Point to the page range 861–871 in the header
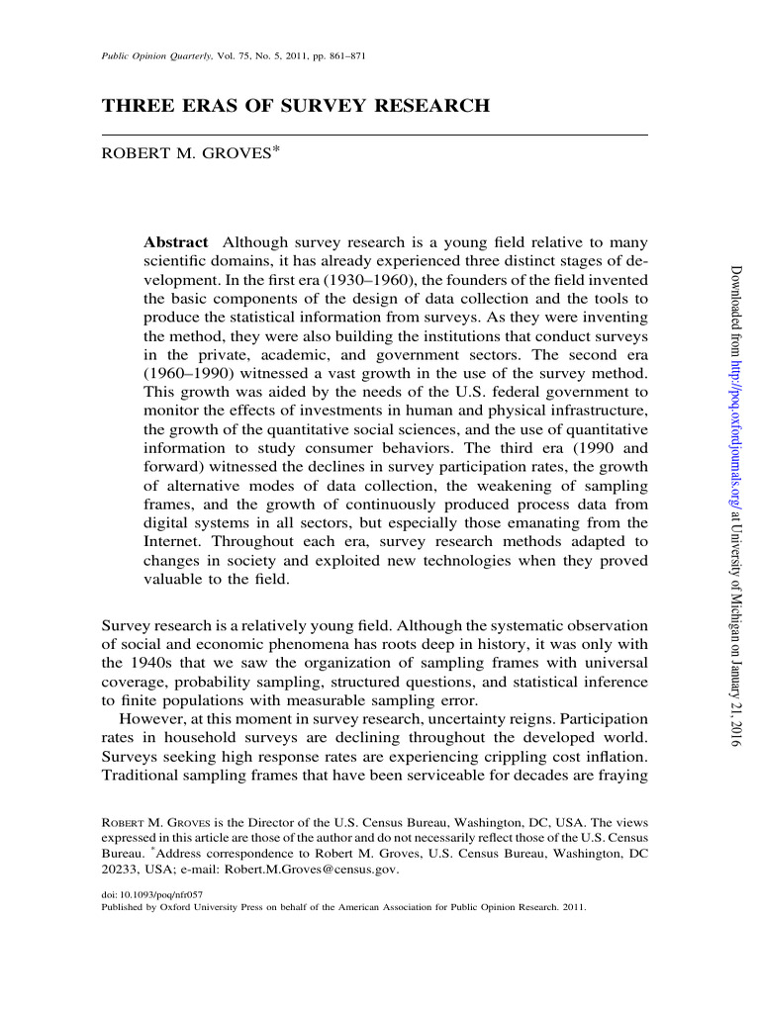click(x=346, y=56)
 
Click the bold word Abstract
click(x=176, y=242)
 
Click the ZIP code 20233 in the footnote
click(x=119, y=868)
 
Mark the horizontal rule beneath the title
click(x=375, y=134)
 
